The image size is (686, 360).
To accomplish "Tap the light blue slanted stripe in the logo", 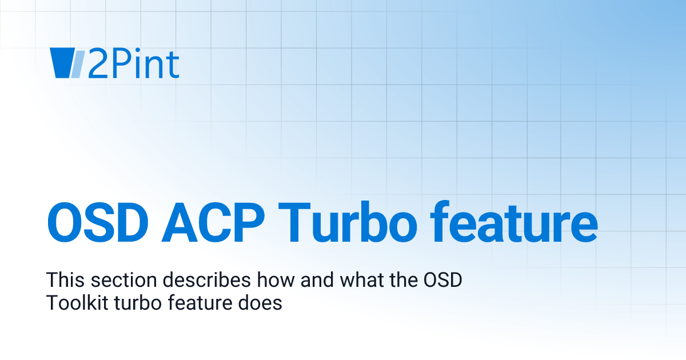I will [78, 63].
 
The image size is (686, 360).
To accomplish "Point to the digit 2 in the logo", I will [97, 64].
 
